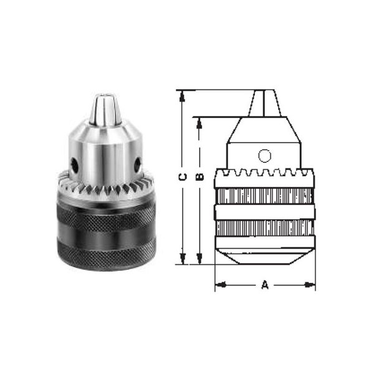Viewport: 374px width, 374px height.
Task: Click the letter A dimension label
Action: [x=264, y=285]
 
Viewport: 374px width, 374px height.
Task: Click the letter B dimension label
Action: [x=199, y=176]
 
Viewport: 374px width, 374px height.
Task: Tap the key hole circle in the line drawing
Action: [x=265, y=155]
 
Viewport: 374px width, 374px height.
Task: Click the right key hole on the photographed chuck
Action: [x=137, y=165]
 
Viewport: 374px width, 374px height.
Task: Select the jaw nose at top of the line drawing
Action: [x=265, y=103]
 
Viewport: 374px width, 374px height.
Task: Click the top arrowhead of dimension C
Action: [x=183, y=95]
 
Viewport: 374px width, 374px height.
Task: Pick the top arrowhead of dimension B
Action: [x=199, y=122]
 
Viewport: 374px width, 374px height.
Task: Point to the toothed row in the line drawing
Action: [x=265, y=173]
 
